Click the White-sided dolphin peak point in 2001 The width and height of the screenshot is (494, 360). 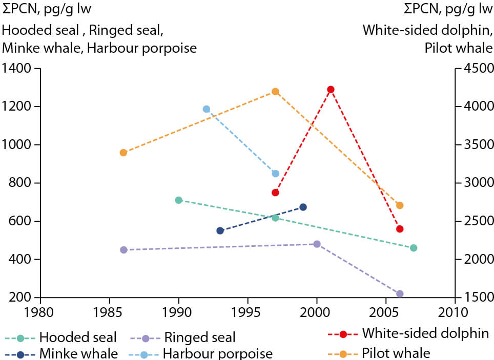[331, 90]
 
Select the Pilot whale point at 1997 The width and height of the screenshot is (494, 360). [275, 92]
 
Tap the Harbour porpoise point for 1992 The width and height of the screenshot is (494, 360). [207, 109]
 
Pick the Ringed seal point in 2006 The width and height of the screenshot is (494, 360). [400, 293]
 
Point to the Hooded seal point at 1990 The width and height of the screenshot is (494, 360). [179, 200]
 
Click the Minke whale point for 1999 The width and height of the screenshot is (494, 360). [303, 207]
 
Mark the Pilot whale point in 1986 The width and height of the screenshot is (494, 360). [123, 153]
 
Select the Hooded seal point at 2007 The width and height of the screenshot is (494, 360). [414, 248]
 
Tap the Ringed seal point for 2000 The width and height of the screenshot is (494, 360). [317, 244]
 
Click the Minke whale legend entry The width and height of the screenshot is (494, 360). [61, 353]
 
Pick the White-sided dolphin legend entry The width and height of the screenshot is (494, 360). [407, 333]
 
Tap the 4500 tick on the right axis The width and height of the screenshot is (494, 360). [476, 68]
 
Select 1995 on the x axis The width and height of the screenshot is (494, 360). [248, 311]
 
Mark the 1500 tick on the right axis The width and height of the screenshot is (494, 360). [476, 298]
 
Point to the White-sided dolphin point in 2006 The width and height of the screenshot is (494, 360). [400, 229]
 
